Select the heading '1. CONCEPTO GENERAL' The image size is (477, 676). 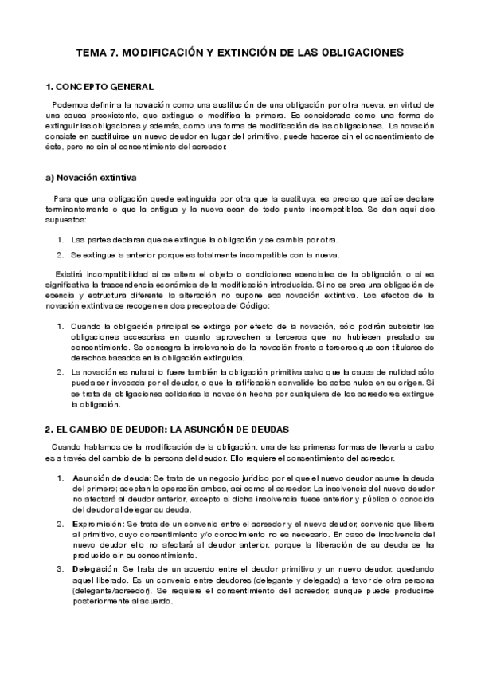pos(100,87)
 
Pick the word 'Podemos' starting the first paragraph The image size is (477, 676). pos(68,105)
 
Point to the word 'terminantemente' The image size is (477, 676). pos(78,209)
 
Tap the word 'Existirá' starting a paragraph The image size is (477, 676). pos(66,274)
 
